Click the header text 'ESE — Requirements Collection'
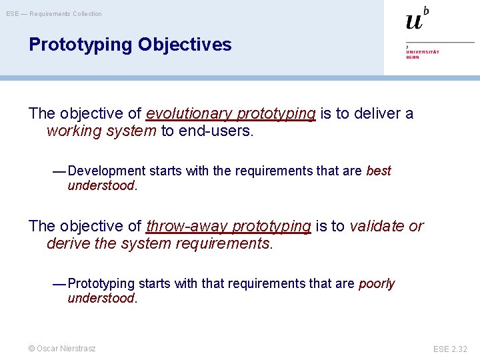point(54,14)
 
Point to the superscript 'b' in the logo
point(426,10)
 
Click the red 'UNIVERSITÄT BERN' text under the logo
point(423,54)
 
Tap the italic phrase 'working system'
point(101,131)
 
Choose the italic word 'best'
point(379,171)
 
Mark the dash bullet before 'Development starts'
point(59,171)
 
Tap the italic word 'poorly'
point(377,284)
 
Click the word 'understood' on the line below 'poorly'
point(101,299)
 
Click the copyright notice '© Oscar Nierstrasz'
point(62,348)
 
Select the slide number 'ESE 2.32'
point(450,349)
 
